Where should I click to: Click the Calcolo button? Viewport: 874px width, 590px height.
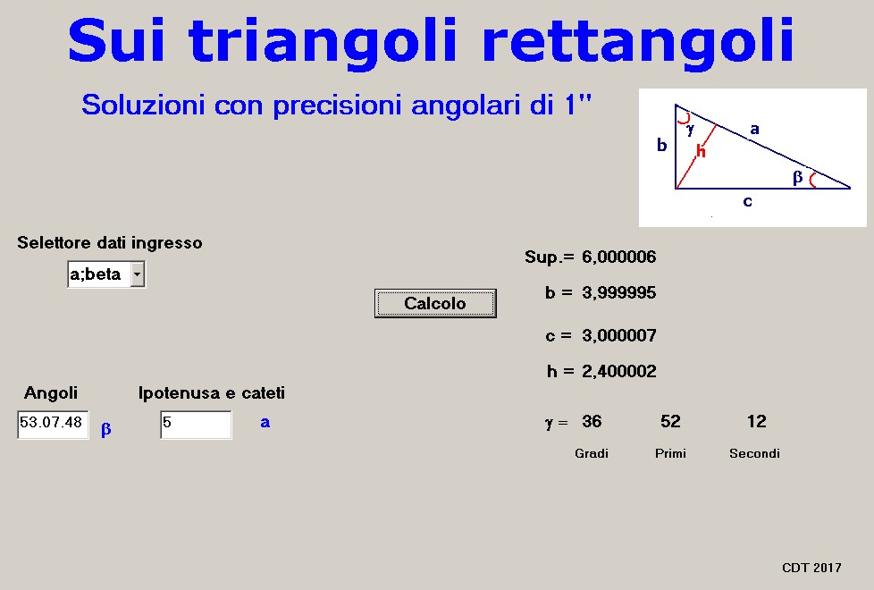click(435, 303)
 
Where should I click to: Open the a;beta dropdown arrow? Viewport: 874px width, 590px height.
click(137, 274)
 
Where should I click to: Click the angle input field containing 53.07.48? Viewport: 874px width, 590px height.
click(53, 425)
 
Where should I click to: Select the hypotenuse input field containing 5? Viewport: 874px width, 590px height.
click(196, 425)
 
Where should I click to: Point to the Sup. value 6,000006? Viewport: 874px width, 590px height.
click(618, 257)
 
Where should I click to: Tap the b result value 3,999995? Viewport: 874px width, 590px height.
click(618, 293)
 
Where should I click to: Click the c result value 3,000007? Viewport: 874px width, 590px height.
click(618, 336)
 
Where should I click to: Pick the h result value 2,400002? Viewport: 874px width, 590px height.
click(618, 371)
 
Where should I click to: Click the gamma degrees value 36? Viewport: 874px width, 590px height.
click(592, 422)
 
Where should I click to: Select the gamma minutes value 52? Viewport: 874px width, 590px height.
click(670, 422)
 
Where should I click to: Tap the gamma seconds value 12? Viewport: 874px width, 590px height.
click(756, 422)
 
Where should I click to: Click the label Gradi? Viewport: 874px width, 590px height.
click(592, 453)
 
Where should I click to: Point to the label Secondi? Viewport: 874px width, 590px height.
click(754, 453)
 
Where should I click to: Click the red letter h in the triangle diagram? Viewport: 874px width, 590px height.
click(701, 150)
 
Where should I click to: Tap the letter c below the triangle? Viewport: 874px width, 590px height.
click(747, 201)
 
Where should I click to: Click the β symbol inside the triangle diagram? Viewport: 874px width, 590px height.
click(798, 177)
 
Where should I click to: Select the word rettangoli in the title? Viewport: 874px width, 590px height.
click(638, 40)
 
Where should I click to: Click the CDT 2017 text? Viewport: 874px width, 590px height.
click(811, 568)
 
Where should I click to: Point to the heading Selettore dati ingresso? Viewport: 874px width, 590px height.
click(110, 242)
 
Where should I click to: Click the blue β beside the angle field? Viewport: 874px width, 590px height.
click(106, 429)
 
